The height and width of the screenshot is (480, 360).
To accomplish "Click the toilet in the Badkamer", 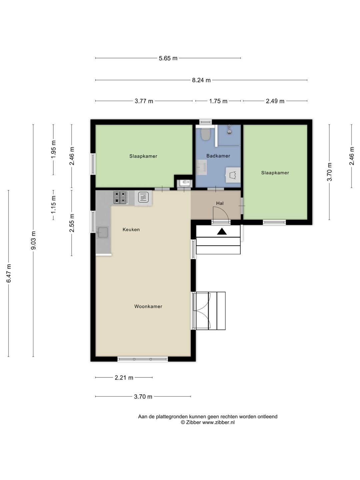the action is point(205,134).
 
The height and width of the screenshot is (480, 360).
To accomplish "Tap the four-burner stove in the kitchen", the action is point(120,197).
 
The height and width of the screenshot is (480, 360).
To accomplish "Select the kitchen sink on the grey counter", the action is point(103,232).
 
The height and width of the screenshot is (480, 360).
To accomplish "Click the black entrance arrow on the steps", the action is point(222,231).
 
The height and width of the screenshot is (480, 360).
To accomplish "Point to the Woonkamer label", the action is point(148,306).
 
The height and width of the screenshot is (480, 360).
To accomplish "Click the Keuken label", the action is point(131,229).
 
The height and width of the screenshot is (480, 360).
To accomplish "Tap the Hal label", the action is point(220,203).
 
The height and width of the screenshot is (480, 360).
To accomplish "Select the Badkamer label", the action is point(218,156).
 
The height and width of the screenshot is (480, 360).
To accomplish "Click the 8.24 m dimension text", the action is point(201,80).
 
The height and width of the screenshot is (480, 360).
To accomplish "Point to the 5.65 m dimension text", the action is point(168,58).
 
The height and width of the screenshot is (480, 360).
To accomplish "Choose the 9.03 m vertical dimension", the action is point(33,240).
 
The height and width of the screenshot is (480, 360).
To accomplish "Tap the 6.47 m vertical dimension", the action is point(9,273).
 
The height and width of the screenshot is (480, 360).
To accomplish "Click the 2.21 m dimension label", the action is point(124,378).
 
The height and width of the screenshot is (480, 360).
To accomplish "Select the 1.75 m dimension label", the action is point(218,101).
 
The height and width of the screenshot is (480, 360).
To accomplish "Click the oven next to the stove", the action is point(143,198).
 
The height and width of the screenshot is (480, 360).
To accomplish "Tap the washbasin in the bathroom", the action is point(201,167).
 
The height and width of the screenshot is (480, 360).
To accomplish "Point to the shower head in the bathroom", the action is point(229,129).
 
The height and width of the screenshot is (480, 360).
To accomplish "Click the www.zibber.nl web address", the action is point(218,422).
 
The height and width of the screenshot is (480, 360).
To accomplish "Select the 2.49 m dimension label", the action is point(275,101).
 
